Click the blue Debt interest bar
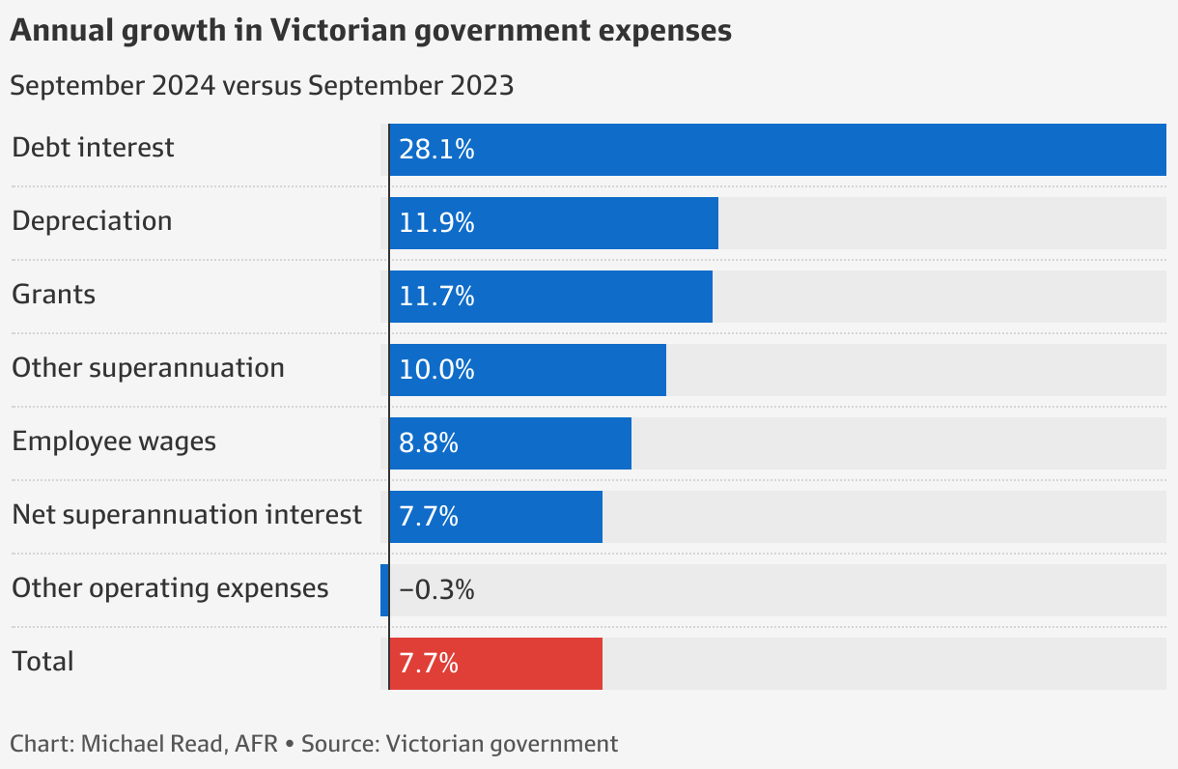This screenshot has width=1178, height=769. tap(777, 150)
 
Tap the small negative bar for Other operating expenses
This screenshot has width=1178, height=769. tap(384, 590)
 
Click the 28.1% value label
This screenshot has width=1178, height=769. tap(436, 150)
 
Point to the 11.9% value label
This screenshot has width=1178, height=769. tap(436, 223)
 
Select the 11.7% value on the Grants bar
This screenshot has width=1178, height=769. tap(436, 297)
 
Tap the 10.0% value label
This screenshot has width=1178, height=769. tap(436, 370)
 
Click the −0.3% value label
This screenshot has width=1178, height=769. tap(436, 590)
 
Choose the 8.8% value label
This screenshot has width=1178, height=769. tap(429, 443)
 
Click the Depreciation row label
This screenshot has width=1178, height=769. tap(92, 221)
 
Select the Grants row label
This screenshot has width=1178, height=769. tap(54, 294)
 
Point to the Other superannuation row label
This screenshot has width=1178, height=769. tap(148, 368)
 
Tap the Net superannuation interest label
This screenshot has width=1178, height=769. tap(187, 515)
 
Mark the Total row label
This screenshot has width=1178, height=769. tap(42, 662)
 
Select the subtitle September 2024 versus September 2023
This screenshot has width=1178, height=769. tap(262, 85)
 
